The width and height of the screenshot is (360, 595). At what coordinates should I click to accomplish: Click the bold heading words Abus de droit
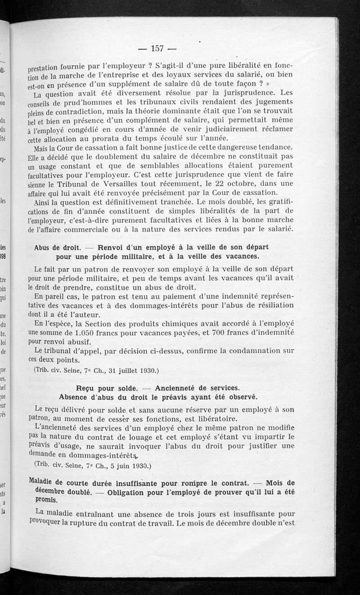click(57, 248)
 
